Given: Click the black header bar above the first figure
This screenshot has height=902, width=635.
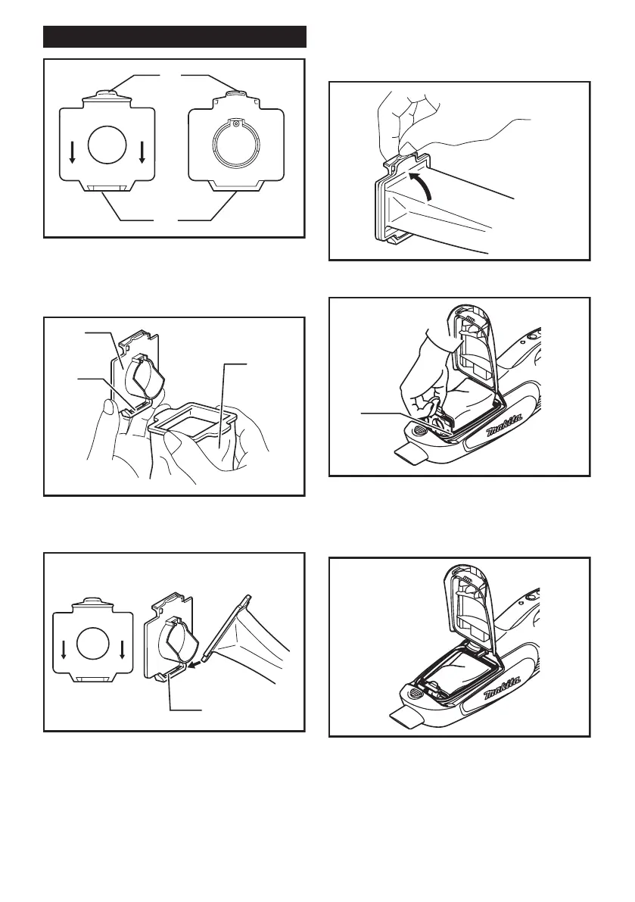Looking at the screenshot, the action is pos(175,36).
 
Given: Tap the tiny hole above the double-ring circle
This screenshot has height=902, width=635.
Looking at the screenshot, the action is pos(236,123).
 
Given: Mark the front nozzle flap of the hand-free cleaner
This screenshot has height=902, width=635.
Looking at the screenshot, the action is pos(409,718).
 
